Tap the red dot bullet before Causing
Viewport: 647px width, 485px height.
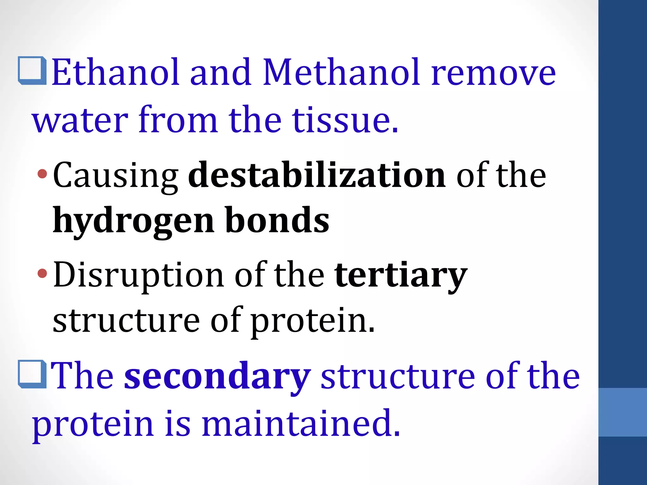[x=42, y=173]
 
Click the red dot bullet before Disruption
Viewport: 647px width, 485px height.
[x=42, y=273]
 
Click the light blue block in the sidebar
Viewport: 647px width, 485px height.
[x=622, y=412]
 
